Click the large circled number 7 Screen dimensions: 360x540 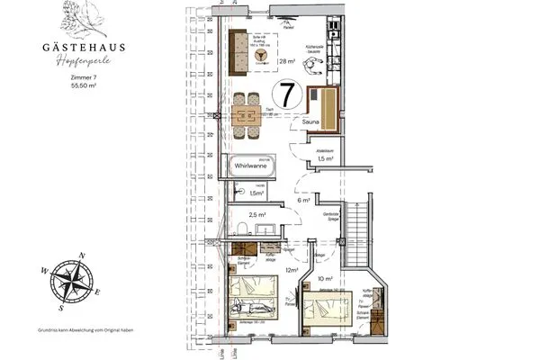[x=286, y=94]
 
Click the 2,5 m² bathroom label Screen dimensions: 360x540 [x=257, y=215]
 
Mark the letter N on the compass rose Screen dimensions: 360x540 [x=82, y=255]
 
